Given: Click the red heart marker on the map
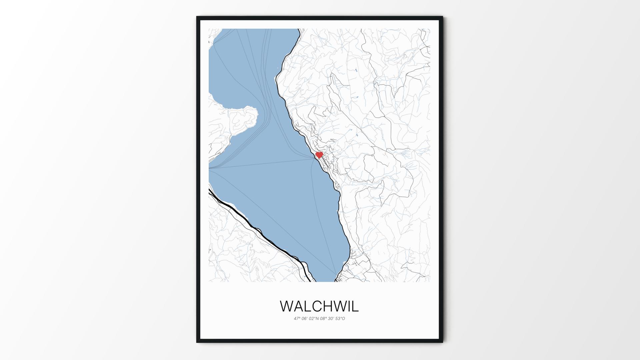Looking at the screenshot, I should [x=319, y=155].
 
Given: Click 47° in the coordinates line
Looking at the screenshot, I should [x=297, y=319].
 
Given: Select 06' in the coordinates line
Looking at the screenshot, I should [x=305, y=319].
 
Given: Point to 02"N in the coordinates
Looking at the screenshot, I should [x=314, y=319].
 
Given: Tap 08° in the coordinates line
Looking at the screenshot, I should [x=323, y=319].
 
